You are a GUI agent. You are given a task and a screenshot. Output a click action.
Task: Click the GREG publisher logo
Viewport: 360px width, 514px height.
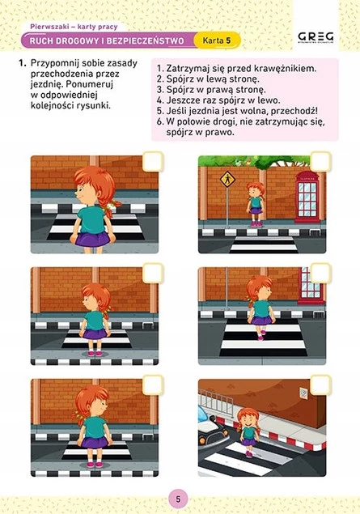316,37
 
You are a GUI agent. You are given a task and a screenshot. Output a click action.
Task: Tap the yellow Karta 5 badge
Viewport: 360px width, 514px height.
217,40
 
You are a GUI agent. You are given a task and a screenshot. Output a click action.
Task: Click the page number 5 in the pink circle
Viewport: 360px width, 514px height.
178,499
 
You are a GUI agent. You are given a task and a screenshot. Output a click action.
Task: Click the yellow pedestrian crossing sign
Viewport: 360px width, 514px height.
227,179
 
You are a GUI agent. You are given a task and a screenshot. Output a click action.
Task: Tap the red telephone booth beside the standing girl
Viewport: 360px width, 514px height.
307,197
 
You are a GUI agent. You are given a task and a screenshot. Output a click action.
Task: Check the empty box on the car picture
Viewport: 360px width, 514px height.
320,384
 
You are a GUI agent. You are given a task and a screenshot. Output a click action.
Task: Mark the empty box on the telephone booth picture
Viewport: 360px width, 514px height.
320,162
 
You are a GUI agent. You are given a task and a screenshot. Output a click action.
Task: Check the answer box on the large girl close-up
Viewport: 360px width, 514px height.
153,161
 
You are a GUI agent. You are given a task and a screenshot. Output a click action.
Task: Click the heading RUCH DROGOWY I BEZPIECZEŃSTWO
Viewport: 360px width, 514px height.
107,41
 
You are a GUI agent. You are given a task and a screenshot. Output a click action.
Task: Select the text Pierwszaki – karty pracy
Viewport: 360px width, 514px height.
74,27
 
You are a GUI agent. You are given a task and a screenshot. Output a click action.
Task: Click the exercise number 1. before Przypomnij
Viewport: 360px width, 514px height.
23,63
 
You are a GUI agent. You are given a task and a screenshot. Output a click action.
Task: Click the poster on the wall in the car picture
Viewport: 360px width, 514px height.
303,393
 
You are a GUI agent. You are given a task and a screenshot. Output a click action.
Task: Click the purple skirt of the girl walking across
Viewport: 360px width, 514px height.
261,321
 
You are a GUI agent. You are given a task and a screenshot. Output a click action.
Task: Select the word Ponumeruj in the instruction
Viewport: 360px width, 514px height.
90,84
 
